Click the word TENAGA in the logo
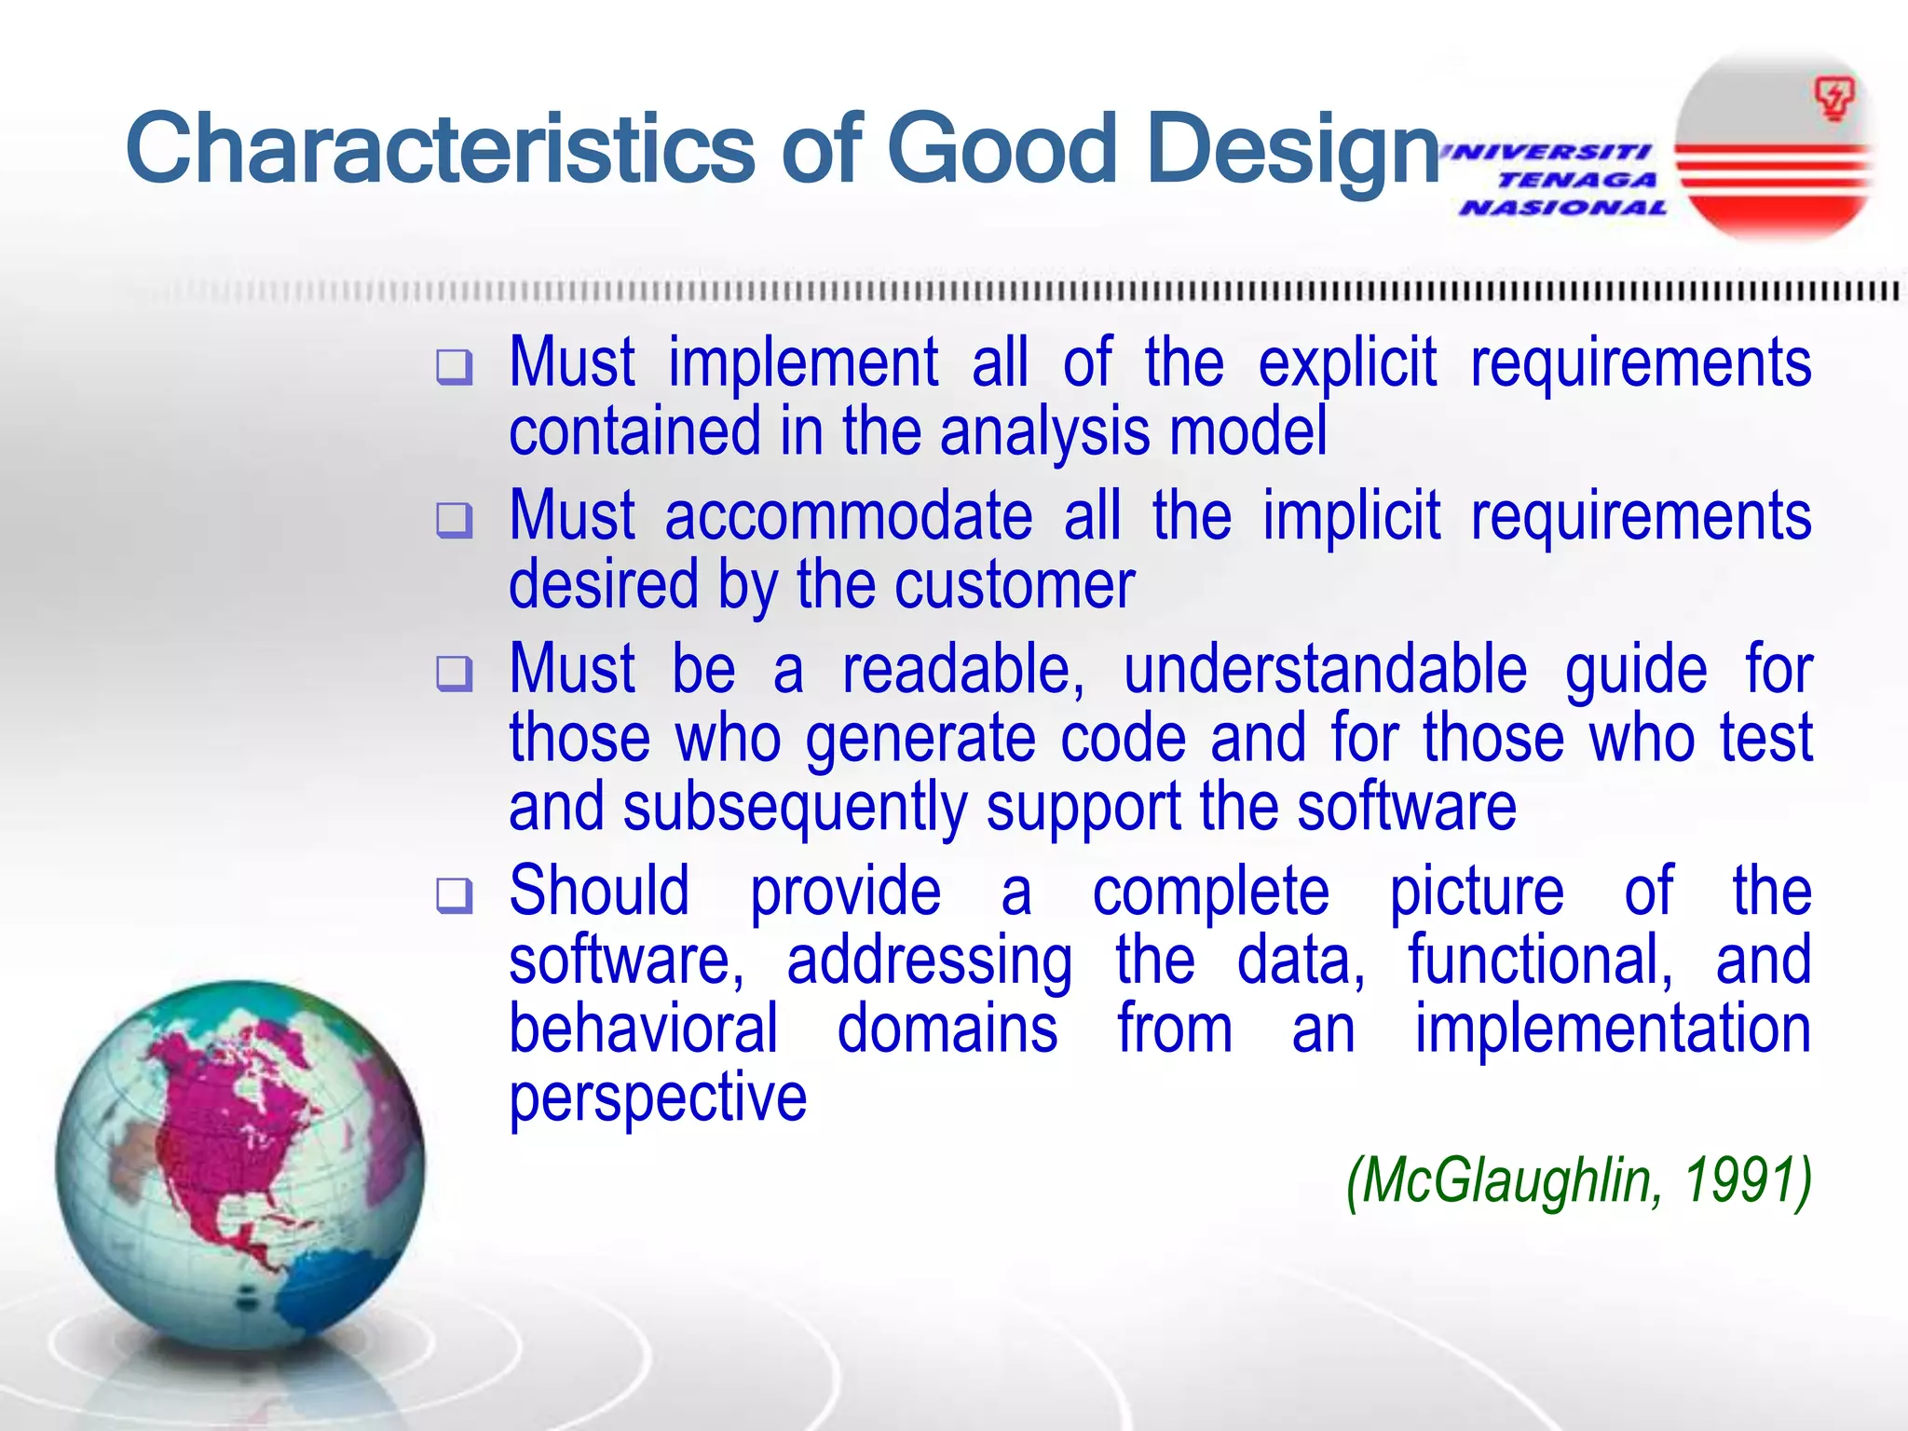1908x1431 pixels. click(x=1576, y=180)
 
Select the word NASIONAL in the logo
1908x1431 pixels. click(x=1563, y=208)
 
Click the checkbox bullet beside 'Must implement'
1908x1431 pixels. click(x=455, y=368)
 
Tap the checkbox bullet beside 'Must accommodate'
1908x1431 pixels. click(x=455, y=521)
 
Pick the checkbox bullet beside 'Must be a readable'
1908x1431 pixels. click(x=455, y=674)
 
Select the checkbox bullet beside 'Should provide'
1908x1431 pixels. click(x=455, y=895)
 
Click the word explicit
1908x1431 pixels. click(x=1347, y=363)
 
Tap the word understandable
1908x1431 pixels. click(x=1325, y=671)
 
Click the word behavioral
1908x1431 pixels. click(x=643, y=1029)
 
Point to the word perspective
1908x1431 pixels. click(x=658, y=1099)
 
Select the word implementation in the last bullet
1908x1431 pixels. click(x=1612, y=1029)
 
